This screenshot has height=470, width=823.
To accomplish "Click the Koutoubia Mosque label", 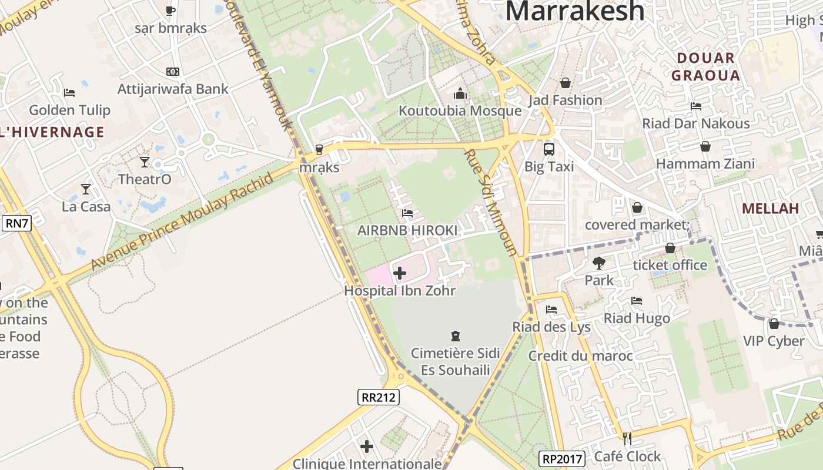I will [460, 111].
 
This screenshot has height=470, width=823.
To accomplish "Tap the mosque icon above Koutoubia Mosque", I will [460, 93].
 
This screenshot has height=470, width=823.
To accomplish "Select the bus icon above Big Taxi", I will [548, 149].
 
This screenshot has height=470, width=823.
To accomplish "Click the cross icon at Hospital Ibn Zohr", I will [400, 273].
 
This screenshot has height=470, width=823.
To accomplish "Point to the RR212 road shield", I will [379, 397].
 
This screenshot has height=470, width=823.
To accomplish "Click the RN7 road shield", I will [16, 223].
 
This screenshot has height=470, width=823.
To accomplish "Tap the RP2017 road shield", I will [562, 458].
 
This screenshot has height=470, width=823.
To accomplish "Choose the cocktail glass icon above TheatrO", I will [145, 162].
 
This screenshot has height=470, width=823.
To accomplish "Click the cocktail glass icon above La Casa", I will [86, 189].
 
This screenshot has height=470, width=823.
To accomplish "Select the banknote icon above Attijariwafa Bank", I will [172, 72].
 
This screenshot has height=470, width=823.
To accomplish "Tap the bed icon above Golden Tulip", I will [69, 92].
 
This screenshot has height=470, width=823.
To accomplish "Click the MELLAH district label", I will [770, 209].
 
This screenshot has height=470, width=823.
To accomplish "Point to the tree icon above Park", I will [599, 263].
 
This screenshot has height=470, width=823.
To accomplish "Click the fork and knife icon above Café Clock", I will [627, 438].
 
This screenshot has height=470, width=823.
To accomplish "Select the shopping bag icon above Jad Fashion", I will [565, 83].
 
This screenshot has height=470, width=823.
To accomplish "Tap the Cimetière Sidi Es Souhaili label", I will [455, 361].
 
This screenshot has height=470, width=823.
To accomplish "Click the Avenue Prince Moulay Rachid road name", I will [182, 222].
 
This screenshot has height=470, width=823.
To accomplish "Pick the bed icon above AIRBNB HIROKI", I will [407, 213].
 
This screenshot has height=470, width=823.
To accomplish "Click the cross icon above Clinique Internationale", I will [367, 447].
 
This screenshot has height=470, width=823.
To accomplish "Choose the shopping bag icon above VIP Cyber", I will [774, 324].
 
